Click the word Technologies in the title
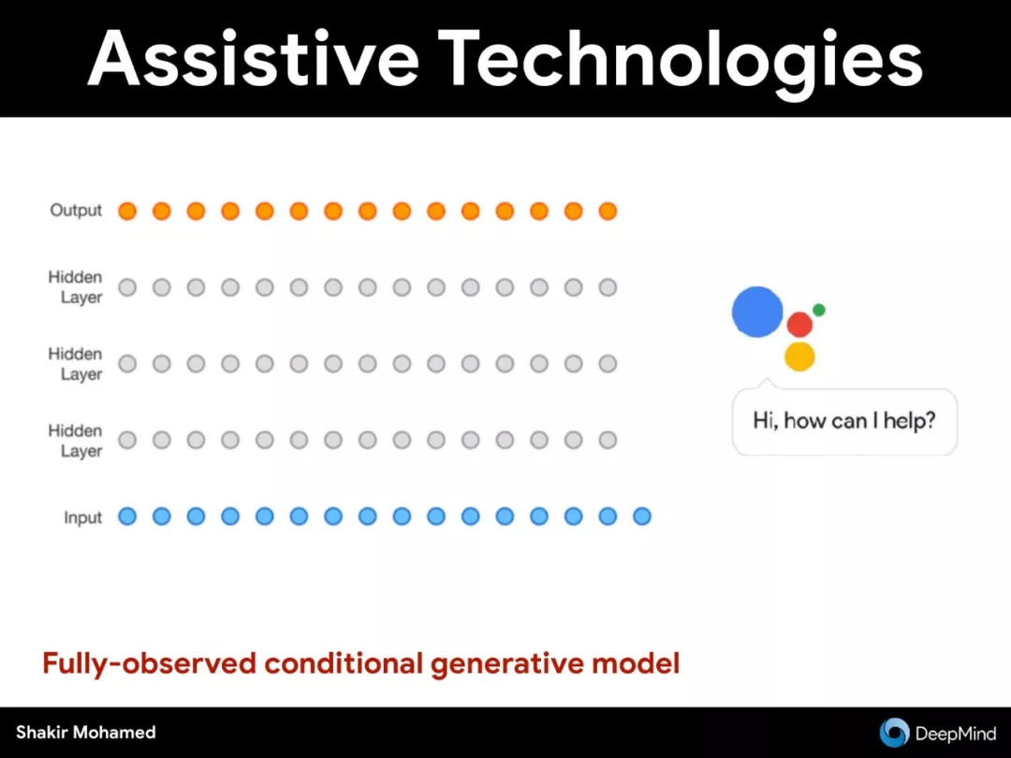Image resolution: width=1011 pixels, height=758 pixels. (681, 62)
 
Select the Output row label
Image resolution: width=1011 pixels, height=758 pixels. (76, 211)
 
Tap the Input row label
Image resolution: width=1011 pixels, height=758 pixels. (82, 517)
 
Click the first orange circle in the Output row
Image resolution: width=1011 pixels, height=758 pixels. (127, 211)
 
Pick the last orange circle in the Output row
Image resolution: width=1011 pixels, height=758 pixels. (608, 211)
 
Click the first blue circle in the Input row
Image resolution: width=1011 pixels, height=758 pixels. (127, 517)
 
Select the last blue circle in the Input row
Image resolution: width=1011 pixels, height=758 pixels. (641, 517)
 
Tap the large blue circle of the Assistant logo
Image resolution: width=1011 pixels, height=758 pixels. (757, 312)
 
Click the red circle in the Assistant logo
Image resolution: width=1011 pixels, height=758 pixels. (799, 325)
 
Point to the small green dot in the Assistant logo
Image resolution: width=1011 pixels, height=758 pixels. (819, 310)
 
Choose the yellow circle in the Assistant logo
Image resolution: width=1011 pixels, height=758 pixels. (799, 357)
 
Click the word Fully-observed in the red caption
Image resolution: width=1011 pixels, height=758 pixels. (150, 663)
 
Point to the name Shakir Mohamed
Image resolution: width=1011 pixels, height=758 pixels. (86, 732)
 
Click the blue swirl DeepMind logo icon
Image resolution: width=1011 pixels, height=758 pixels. (894, 733)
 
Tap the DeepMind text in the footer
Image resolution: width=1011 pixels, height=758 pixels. (956, 734)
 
